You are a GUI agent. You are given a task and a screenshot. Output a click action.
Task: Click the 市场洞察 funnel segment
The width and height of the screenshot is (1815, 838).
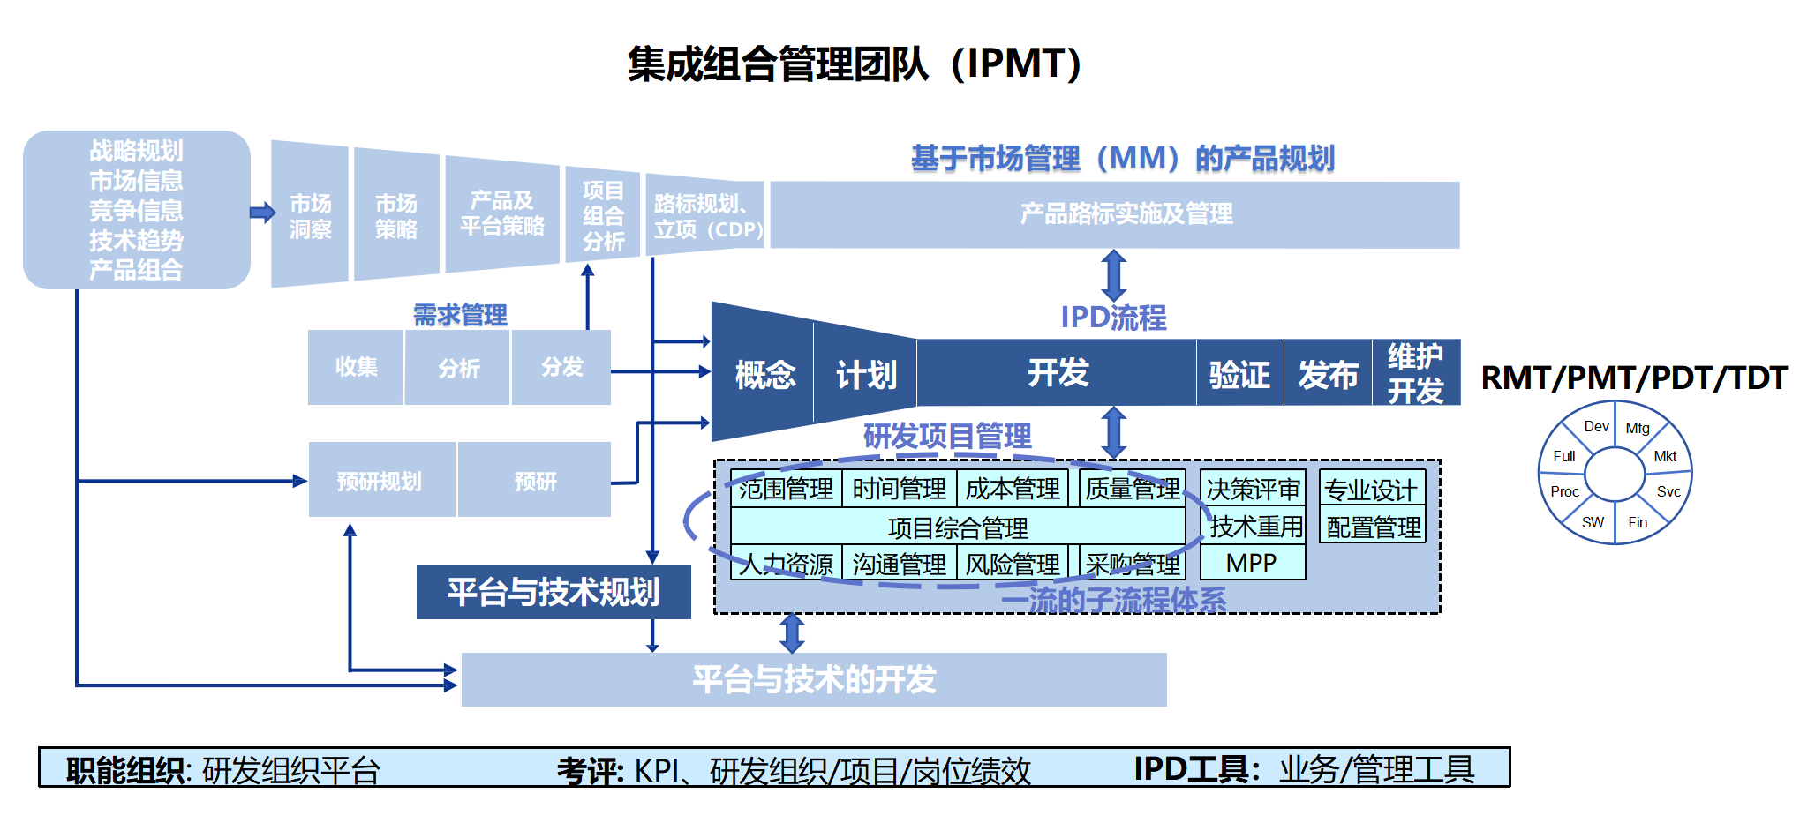tap(310, 215)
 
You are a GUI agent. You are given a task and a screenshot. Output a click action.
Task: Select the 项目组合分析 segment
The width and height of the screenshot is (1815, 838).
tap(603, 215)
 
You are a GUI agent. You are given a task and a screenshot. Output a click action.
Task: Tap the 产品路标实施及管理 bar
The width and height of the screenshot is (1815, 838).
tap(1115, 214)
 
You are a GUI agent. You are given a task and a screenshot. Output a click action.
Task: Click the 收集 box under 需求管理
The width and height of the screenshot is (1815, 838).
tap(356, 367)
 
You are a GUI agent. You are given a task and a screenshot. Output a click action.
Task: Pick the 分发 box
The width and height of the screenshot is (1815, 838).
tap(561, 367)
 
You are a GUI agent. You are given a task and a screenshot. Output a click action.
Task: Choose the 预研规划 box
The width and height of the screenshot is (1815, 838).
tap(380, 481)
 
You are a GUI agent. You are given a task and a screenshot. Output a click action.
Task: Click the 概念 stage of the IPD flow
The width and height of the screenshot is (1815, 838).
tap(764, 374)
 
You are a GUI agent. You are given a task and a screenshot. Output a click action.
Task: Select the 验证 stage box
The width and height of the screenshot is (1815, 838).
tap(1239, 374)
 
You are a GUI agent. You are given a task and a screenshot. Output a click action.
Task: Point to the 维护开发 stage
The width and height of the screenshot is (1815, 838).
tap(1415, 373)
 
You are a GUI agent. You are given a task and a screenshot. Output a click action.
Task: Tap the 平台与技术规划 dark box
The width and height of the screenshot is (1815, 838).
tap(553, 592)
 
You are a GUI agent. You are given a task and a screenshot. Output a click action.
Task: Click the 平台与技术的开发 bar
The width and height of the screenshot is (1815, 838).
tap(813, 679)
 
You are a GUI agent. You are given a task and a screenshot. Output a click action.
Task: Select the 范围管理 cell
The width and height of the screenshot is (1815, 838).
tap(786, 488)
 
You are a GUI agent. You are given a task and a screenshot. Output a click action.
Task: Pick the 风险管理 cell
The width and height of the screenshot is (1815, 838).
tap(1013, 564)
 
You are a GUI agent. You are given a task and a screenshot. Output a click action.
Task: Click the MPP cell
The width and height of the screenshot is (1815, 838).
tap(1251, 563)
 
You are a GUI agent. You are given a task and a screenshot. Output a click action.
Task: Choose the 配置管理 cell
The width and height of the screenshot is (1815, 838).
tap(1373, 527)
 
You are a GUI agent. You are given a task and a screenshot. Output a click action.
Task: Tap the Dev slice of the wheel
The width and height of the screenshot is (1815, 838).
tap(1595, 427)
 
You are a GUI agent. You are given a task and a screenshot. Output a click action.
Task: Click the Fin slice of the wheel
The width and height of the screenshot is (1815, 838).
tap(1638, 522)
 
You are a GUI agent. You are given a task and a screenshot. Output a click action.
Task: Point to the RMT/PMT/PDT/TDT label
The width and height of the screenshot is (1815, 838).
tap(1633, 378)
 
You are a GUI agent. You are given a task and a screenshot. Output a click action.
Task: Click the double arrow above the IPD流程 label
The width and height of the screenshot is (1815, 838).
tap(1114, 275)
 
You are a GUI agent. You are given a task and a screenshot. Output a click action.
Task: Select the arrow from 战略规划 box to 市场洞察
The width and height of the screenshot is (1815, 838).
tap(262, 213)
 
